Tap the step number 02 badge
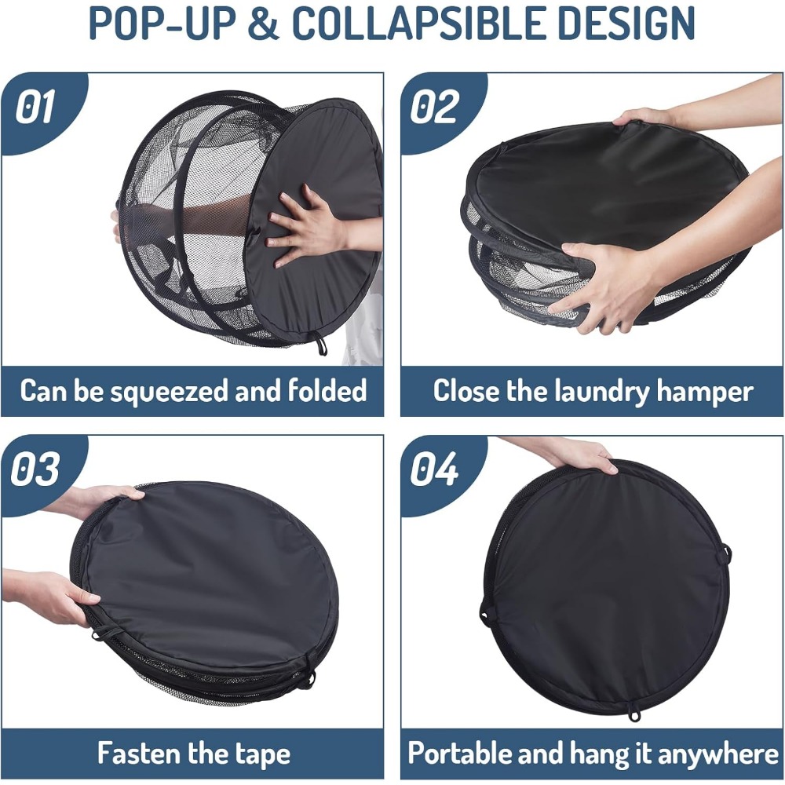click(435, 108)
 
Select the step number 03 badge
click(36, 469)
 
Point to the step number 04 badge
click(435, 469)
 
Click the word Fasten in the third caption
click(139, 753)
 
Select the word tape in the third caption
click(260, 754)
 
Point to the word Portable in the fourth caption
click(458, 753)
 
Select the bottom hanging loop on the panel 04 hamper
click(633, 714)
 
